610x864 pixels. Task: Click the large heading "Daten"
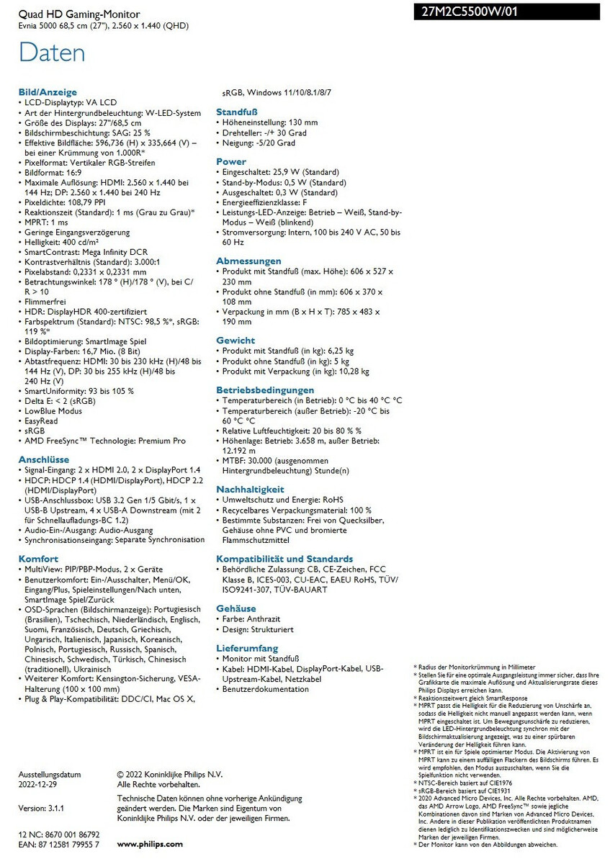click(52, 53)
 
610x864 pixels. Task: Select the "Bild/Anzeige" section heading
click(48, 92)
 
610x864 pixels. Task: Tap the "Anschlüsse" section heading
click(44, 459)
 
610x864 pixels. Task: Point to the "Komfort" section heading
click(39, 558)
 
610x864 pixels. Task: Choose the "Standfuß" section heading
click(237, 112)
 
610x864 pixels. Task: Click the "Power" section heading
click(231, 162)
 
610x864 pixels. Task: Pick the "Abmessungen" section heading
click(248, 261)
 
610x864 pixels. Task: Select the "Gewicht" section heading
click(236, 340)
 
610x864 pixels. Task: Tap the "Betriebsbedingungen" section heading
click(265, 390)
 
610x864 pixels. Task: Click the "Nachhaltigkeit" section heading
click(250, 489)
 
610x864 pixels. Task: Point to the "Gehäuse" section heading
click(236, 608)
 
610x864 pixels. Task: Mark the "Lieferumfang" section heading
click(247, 648)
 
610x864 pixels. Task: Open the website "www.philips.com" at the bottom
click(150, 844)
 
